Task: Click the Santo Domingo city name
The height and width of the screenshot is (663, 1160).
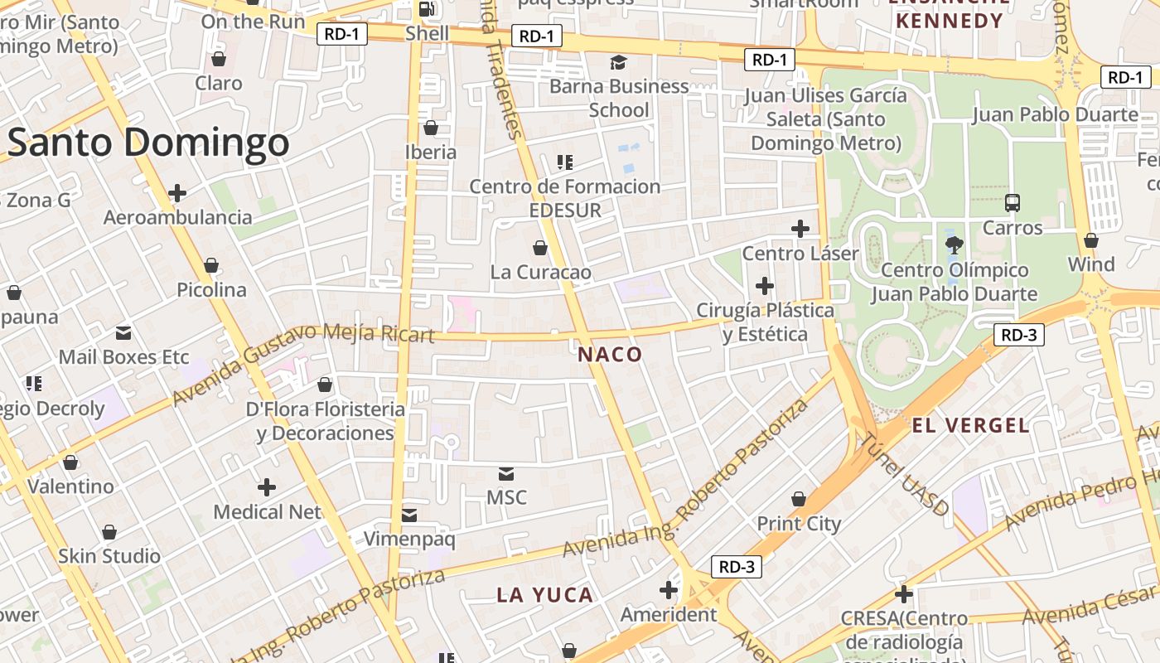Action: point(149,143)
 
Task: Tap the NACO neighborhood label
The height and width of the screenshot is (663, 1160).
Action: point(610,355)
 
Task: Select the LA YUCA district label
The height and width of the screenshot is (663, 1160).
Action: point(545,595)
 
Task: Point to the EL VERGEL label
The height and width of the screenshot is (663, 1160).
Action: point(970,426)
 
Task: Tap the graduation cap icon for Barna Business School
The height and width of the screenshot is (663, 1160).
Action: point(618,62)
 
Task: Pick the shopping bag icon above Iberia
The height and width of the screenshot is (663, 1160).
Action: point(431,128)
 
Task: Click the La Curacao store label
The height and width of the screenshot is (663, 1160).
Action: point(541,272)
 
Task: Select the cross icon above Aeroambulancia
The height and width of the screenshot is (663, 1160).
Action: point(177,193)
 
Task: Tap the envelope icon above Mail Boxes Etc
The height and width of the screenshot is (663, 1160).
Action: point(123,333)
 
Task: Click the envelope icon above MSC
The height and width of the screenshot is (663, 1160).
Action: point(506,474)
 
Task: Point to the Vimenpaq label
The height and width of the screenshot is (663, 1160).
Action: point(409,540)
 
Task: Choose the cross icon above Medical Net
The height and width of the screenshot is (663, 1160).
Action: point(267,487)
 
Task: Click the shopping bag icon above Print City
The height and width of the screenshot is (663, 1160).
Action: point(799,499)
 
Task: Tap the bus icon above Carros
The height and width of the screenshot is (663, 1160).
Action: point(1013,203)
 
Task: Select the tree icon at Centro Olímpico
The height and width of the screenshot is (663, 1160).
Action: point(955,244)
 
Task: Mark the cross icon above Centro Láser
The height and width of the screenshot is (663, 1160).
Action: point(800,229)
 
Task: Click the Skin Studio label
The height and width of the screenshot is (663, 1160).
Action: point(109,556)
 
